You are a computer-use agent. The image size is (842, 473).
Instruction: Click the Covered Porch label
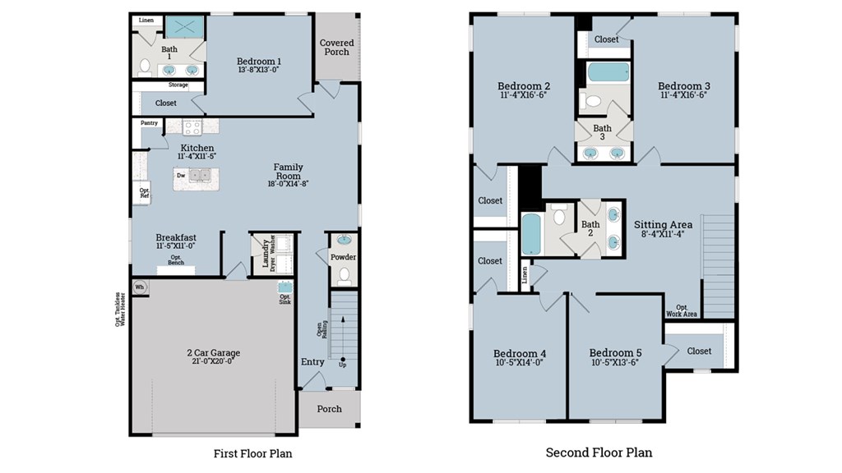336,48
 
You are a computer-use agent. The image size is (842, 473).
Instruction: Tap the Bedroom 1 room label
259,62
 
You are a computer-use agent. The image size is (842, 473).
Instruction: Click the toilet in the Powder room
344,275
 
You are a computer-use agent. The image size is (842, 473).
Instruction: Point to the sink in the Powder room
344,241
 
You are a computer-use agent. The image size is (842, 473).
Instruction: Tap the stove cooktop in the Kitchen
192,127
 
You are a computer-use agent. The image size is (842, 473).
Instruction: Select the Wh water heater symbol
140,287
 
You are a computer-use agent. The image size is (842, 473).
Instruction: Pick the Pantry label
149,123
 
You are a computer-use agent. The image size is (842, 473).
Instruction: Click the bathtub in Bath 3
608,72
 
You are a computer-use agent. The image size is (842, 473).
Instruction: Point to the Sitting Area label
663,224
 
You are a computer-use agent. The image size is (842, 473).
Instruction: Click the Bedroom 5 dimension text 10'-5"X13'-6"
615,362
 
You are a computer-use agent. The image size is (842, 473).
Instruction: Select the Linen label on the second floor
525,275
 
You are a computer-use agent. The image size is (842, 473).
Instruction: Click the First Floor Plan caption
252,452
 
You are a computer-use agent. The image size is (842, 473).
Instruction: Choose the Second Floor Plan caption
599,452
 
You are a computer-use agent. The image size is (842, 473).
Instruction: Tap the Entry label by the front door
312,362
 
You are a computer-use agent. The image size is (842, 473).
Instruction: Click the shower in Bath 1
184,27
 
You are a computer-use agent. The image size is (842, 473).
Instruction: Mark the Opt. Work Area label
681,310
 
